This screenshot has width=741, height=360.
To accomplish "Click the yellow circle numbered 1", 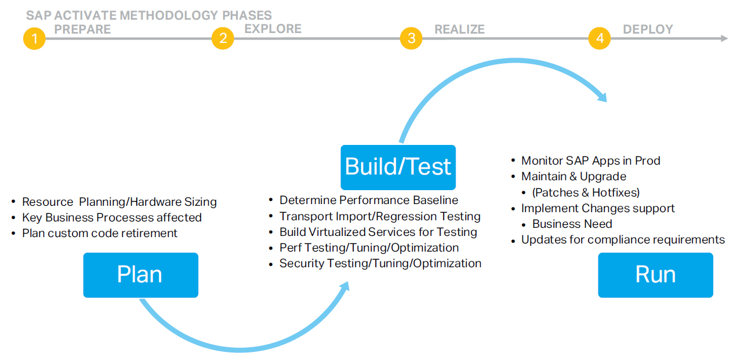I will [34, 39].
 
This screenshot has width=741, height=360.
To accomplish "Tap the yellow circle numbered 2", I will [223, 39].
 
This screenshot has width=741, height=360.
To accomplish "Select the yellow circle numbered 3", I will [411, 39].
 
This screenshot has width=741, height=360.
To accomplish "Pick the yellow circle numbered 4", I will [600, 39].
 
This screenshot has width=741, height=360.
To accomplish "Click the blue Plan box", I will [140, 275].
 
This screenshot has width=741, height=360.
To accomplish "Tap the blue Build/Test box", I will [398, 167].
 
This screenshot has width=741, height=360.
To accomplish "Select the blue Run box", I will [655, 275].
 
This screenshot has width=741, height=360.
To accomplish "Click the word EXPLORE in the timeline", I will [273, 28].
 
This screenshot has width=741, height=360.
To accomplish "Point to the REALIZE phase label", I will [459, 29].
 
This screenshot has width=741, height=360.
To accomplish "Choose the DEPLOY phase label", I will [648, 29].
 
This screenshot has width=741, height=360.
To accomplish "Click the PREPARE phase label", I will [82, 29].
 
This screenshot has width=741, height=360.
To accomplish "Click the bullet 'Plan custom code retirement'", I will [99, 233].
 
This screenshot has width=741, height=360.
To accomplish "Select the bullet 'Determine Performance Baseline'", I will [368, 200].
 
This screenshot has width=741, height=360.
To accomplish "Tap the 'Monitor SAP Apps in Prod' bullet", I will [590, 161].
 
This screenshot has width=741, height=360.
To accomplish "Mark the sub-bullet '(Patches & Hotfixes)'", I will [586, 192].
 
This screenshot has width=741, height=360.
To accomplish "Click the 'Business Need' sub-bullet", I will [572, 224].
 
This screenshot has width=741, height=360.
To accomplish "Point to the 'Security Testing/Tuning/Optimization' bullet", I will [380, 263].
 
